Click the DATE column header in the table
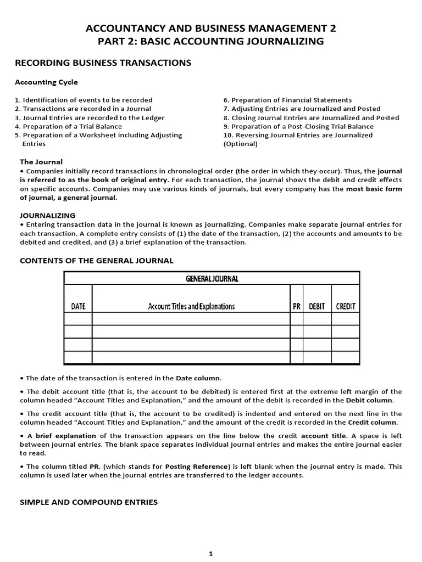pyautogui.click(x=79, y=306)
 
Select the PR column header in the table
pyautogui.click(x=296, y=306)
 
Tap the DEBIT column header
pyautogui.click(x=317, y=306)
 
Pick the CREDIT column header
pyautogui.click(x=346, y=306)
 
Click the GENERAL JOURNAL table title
pyautogui.click(x=212, y=279)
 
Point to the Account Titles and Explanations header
pyautogui.click(x=191, y=306)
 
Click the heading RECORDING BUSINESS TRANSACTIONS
pyautogui.click(x=103, y=63)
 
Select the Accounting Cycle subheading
pyautogui.click(x=46, y=82)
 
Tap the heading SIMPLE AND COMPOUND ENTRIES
pyautogui.click(x=88, y=502)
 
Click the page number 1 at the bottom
pyautogui.click(x=210, y=554)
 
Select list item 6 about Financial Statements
pyautogui.click(x=287, y=100)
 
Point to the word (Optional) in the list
pyautogui.click(x=240, y=144)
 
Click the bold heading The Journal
pyautogui.click(x=41, y=161)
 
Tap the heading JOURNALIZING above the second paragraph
pyautogui.click(x=48, y=215)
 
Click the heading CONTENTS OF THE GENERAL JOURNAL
pyautogui.click(x=97, y=260)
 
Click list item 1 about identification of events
pyautogui.click(x=84, y=100)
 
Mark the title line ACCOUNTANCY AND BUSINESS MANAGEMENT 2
pyautogui.click(x=211, y=29)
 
